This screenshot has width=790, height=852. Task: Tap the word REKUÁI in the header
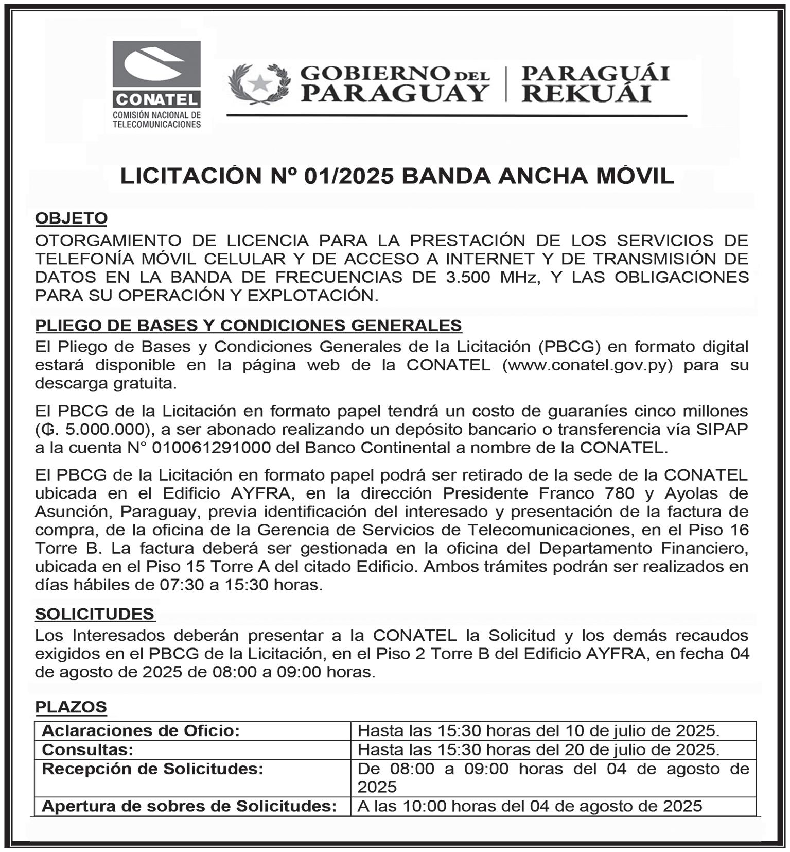click(x=586, y=94)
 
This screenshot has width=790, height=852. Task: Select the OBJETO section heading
click(x=71, y=218)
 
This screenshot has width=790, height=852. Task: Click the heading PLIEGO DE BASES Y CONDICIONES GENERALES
click(x=248, y=326)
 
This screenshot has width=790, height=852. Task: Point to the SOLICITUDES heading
click(x=95, y=614)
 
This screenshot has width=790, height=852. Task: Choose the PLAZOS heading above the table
click(x=71, y=707)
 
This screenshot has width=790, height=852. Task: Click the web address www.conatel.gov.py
click(x=588, y=365)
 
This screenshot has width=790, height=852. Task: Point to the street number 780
click(x=619, y=493)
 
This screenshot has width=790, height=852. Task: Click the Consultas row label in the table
click(x=87, y=749)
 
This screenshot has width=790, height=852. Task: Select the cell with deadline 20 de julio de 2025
click(x=538, y=749)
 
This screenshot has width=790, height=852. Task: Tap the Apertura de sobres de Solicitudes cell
click(x=189, y=806)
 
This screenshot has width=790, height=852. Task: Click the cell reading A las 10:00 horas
click(x=530, y=806)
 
